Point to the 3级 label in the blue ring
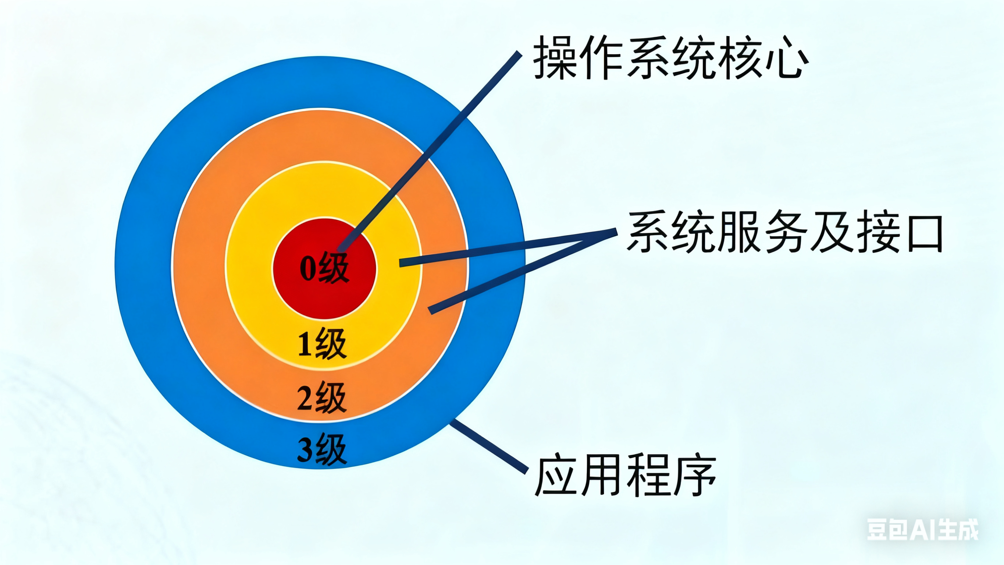(x=322, y=449)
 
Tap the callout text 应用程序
(x=625, y=474)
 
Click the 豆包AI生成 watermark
(x=922, y=530)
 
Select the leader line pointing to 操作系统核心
(x=429, y=152)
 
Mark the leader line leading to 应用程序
(x=489, y=447)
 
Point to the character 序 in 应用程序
(x=694, y=474)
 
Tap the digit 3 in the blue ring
(x=305, y=449)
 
